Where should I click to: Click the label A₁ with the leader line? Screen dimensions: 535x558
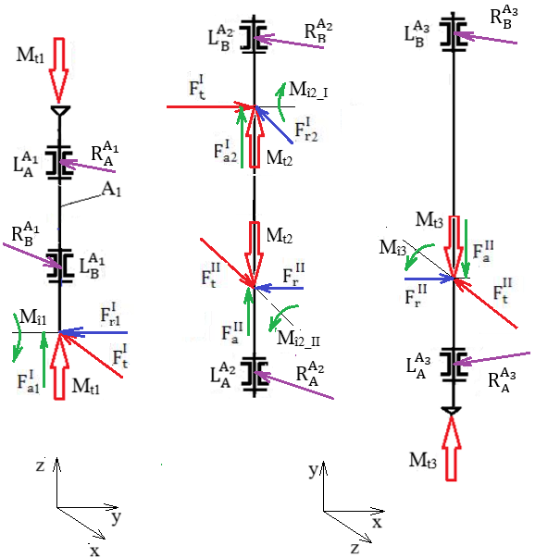click(x=111, y=190)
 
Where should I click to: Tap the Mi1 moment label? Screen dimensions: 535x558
click(x=33, y=316)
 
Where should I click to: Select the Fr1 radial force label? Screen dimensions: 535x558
click(x=110, y=314)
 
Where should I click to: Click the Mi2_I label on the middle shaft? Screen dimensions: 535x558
click(x=308, y=90)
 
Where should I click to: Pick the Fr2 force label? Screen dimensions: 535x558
click(x=306, y=130)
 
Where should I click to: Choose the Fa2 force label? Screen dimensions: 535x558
click(x=225, y=151)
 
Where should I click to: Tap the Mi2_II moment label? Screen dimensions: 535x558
click(x=298, y=338)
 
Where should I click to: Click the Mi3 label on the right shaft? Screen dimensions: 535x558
click(x=392, y=247)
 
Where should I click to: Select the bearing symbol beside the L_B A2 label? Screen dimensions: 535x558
click(x=255, y=35)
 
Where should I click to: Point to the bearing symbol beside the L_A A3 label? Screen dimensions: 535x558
click(x=454, y=364)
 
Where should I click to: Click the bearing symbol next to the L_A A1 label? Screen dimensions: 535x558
click(x=59, y=164)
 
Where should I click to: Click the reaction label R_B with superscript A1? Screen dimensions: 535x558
click(x=25, y=234)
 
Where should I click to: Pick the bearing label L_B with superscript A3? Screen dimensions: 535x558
click(x=417, y=34)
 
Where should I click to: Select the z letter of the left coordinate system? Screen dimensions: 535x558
click(x=40, y=465)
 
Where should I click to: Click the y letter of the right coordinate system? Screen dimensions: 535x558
click(x=313, y=470)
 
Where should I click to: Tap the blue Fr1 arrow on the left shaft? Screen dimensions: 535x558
click(x=93, y=332)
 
